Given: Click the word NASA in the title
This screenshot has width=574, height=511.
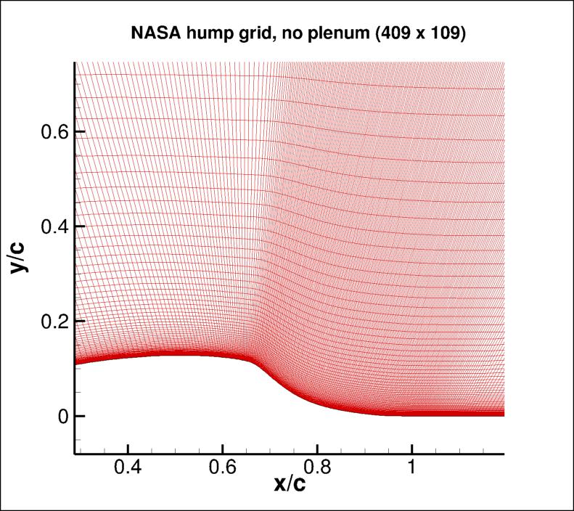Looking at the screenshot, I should tap(153, 33).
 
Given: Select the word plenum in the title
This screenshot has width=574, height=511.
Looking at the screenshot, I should tap(336, 33).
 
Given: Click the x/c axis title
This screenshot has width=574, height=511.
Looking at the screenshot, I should tap(290, 484).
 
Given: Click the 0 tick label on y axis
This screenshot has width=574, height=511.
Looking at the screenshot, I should tap(61, 416).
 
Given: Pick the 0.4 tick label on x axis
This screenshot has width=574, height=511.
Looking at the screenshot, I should tap(128, 468).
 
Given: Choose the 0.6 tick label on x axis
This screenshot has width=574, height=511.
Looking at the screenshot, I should tap(222, 468).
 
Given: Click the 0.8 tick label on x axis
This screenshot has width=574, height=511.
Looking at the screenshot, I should tap(317, 468).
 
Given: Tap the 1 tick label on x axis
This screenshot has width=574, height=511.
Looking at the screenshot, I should tap(411, 468).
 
